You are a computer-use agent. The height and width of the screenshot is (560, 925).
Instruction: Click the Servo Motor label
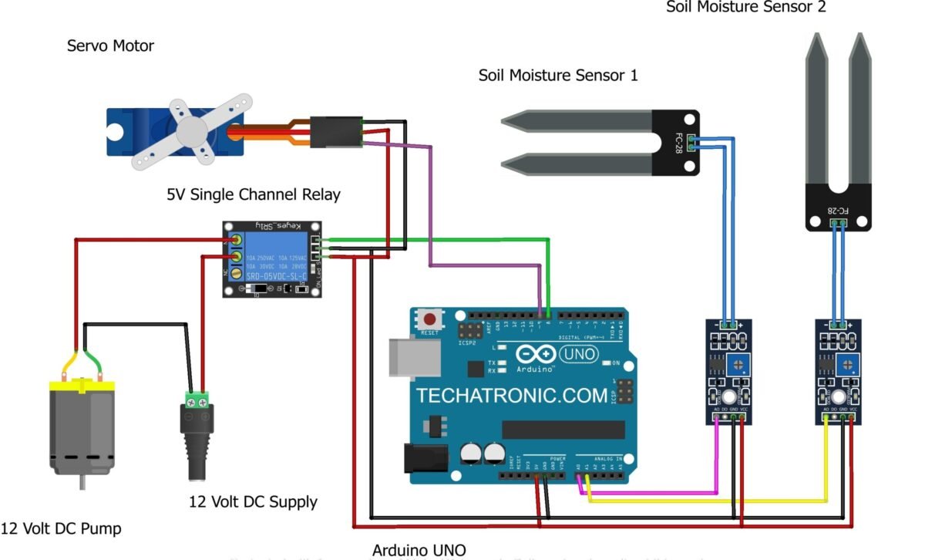pos(110,46)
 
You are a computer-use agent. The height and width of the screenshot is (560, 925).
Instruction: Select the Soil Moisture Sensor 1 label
pos(557,76)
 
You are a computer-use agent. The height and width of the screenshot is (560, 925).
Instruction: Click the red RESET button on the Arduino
pos(429,318)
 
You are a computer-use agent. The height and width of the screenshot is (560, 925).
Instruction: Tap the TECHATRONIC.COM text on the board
pos(512,396)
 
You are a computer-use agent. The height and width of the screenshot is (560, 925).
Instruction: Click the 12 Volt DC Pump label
pos(61,528)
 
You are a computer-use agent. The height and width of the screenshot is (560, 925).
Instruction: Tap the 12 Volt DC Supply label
pos(253,501)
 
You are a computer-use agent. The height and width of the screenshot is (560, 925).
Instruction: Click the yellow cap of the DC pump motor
pos(81,385)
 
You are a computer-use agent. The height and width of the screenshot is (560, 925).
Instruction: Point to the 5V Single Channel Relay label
pos(253,194)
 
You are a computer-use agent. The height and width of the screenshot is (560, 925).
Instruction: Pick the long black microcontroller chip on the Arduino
pos(563,430)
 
